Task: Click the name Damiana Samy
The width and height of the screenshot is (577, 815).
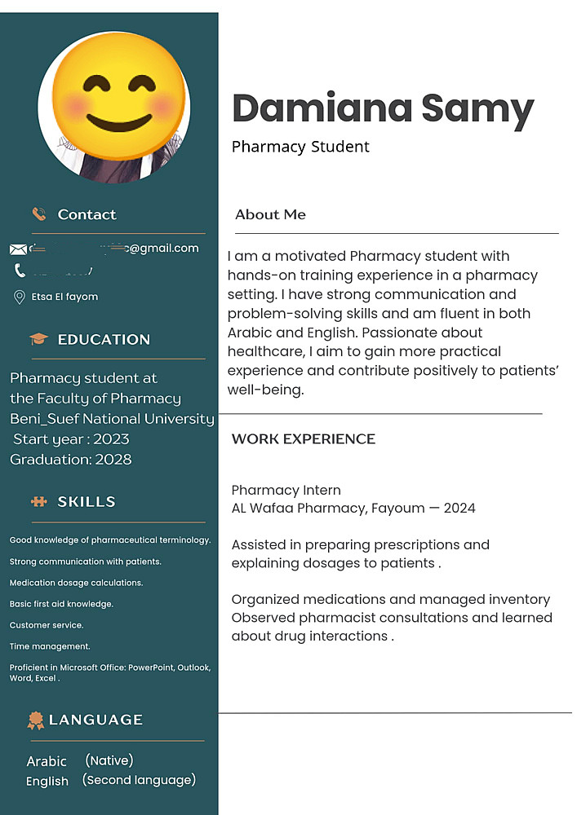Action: click(383, 109)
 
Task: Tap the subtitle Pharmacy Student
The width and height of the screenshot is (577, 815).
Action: click(300, 147)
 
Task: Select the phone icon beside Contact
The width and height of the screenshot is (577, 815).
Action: click(38, 214)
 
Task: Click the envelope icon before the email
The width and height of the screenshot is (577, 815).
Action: click(18, 249)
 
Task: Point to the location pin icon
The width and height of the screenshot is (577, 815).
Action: click(20, 297)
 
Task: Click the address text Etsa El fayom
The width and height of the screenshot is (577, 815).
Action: click(64, 297)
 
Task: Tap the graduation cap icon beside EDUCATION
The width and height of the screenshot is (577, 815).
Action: click(38, 339)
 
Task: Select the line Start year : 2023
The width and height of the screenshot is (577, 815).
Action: click(71, 439)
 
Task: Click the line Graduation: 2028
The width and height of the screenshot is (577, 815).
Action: click(71, 460)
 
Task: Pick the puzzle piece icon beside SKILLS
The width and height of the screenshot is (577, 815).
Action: click(38, 502)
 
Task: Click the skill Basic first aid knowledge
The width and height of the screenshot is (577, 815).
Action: click(61, 604)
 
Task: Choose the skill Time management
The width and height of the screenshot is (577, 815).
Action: click(50, 646)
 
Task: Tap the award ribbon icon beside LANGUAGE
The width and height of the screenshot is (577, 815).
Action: click(35, 720)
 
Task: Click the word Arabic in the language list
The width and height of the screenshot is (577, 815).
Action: click(47, 761)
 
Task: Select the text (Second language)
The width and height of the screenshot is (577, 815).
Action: click(139, 780)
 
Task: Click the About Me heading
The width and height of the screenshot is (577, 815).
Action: click(270, 215)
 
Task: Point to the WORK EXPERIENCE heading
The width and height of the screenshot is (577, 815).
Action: click(304, 438)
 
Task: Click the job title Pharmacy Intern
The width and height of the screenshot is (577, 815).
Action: click(286, 490)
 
